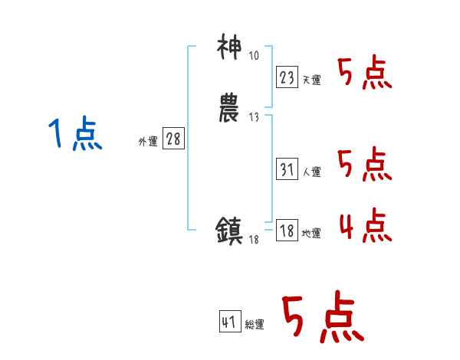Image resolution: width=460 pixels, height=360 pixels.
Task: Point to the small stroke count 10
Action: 254,57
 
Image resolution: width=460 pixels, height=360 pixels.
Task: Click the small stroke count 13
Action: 254,116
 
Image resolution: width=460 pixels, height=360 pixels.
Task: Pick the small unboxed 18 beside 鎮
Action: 254,241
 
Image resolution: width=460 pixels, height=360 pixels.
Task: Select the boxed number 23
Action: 287,77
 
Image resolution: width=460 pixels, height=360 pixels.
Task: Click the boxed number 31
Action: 287,169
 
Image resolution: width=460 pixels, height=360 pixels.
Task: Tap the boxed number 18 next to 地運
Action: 287,231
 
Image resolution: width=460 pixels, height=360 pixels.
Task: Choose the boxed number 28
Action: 174,139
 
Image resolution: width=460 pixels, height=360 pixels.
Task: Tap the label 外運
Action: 148,142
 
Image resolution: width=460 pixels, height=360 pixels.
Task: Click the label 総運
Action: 255,326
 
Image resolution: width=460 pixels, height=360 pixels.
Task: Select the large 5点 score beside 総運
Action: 323,319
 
